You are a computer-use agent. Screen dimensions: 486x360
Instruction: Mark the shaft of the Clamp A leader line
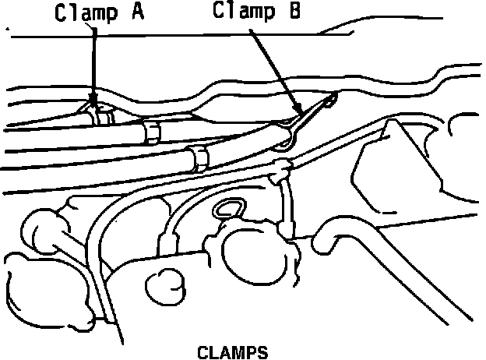point(93,62)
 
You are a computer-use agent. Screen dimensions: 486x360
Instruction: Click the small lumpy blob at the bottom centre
point(166,284)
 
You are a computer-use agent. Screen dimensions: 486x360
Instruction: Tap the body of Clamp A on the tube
point(97,115)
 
